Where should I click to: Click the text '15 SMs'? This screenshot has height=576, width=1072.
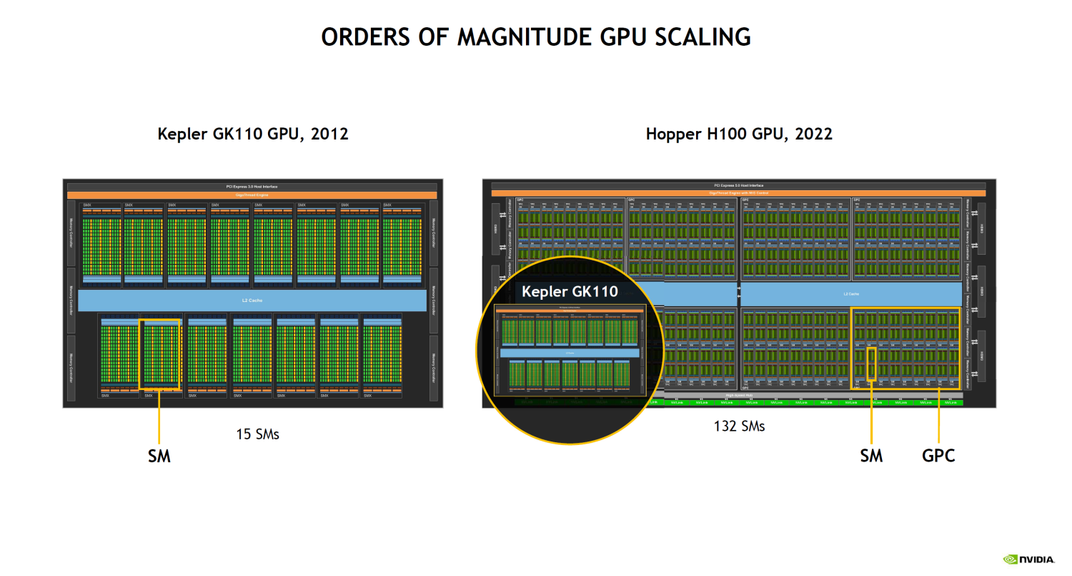pos(257,434)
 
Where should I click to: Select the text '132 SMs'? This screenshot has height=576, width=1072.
pos(739,426)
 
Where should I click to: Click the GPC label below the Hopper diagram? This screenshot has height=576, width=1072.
pos(938,456)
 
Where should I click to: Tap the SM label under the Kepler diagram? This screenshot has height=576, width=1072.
pos(159,456)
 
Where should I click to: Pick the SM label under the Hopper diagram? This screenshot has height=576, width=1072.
pos(871,456)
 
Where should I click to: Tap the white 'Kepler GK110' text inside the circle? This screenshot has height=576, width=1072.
pos(570,292)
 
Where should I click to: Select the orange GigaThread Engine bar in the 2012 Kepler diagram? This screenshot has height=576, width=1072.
pos(253,195)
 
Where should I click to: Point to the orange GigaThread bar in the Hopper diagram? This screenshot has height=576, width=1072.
pos(738,193)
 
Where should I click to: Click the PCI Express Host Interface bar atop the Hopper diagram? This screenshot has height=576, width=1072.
pos(738,185)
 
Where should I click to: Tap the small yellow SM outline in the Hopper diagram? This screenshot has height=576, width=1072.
pos(871,364)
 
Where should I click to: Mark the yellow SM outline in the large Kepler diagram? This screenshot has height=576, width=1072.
pos(159,354)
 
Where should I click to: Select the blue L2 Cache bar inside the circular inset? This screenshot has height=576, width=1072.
pos(570,353)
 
